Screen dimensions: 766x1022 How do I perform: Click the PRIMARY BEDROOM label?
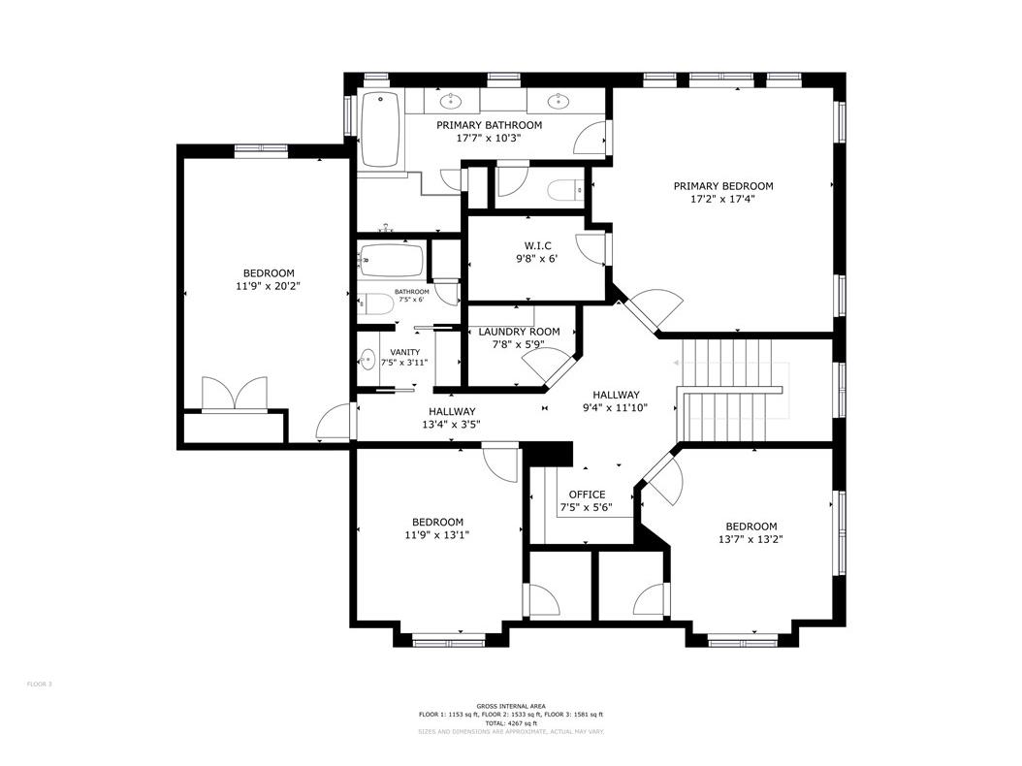point(723,186)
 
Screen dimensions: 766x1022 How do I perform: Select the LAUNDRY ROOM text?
point(519,332)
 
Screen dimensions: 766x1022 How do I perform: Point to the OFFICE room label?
point(587,495)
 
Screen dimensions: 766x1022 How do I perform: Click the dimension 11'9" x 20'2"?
point(269,287)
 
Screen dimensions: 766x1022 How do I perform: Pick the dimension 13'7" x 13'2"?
point(751,539)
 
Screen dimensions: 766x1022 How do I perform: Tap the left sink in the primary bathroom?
point(451,100)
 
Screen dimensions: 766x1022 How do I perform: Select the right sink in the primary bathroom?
point(559,100)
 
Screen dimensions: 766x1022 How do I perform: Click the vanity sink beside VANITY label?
point(367,360)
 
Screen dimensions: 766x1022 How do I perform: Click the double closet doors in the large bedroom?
point(234,395)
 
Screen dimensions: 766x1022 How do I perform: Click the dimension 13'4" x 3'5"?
point(452,424)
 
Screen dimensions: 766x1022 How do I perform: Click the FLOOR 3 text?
point(39,685)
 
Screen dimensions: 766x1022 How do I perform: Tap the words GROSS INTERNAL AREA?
point(510,706)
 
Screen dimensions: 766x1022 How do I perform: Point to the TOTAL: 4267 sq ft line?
point(510,722)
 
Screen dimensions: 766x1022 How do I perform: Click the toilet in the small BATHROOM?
point(373,305)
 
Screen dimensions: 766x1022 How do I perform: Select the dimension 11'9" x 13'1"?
point(437,534)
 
